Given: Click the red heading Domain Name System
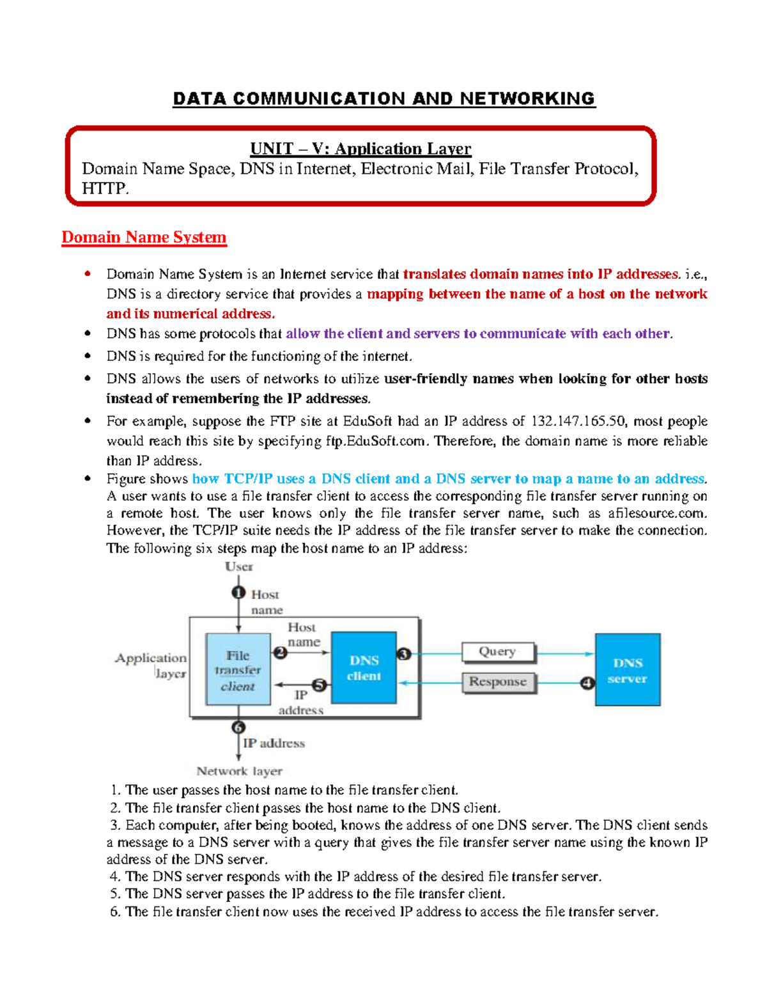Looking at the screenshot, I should [x=144, y=237].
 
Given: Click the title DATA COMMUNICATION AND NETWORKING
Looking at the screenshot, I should [x=383, y=98].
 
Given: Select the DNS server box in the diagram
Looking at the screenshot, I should [x=627, y=669].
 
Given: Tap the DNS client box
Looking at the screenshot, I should [x=364, y=668].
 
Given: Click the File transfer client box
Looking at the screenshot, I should [x=238, y=669].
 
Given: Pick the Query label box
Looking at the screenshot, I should [x=498, y=652].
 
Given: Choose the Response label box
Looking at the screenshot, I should [x=498, y=682].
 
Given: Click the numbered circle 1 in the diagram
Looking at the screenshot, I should [x=238, y=593].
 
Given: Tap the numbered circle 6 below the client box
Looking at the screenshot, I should [x=238, y=727].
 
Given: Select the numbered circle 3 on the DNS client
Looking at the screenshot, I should [x=403, y=653].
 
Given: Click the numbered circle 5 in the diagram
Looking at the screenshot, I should [x=319, y=685].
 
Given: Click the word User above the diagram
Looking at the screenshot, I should [x=238, y=567].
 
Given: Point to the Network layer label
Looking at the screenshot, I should [x=239, y=771].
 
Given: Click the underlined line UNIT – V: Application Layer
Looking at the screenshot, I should [x=360, y=149].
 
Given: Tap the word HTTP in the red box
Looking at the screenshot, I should [x=105, y=188].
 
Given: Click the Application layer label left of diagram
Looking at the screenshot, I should [x=151, y=665].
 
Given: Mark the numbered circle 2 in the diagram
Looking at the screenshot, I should [x=280, y=653].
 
